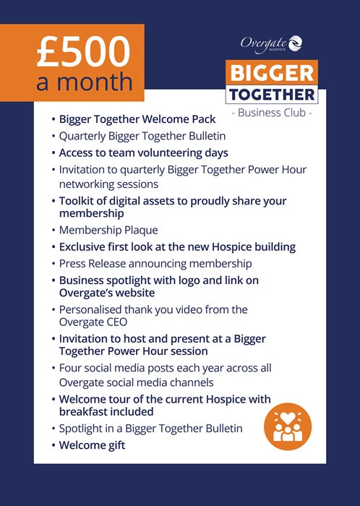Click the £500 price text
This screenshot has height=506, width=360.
click(x=83, y=51)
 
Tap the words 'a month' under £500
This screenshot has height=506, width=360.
click(x=85, y=82)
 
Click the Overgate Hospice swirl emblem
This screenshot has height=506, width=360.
click(x=295, y=43)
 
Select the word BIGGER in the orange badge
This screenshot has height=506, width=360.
click(x=272, y=73)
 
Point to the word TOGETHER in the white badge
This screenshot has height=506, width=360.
click(x=272, y=95)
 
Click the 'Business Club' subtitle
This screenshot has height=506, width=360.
click(x=272, y=113)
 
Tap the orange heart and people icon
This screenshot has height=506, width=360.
click(x=288, y=426)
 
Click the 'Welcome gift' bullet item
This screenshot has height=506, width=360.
click(x=92, y=445)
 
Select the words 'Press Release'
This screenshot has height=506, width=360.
click(x=93, y=264)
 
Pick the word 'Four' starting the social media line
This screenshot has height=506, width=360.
click(x=69, y=368)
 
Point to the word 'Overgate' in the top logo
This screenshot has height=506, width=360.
click(x=264, y=43)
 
